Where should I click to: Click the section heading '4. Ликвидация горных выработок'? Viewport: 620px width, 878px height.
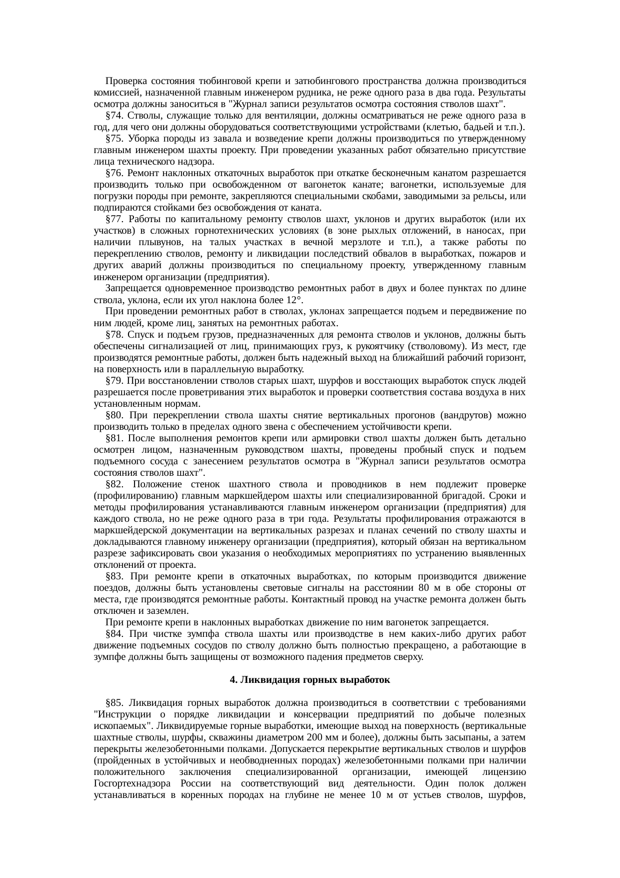pyautogui.click(x=309, y=680)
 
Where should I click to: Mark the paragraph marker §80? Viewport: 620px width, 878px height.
pyautogui.click(x=114, y=415)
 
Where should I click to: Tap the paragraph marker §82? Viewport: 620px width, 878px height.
pyautogui.click(x=114, y=484)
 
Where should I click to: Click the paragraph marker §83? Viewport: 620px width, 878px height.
pyautogui.click(x=114, y=576)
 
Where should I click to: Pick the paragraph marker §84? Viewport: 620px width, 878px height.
pyautogui.click(x=114, y=634)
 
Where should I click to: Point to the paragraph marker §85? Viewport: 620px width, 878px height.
pyautogui.click(x=114, y=703)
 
